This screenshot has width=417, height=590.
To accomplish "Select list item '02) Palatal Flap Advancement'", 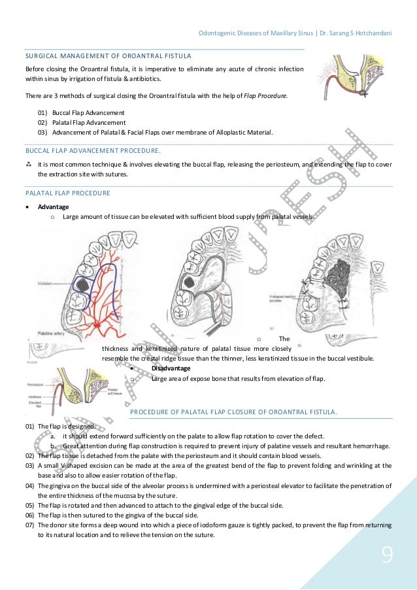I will click(x=81, y=122).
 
